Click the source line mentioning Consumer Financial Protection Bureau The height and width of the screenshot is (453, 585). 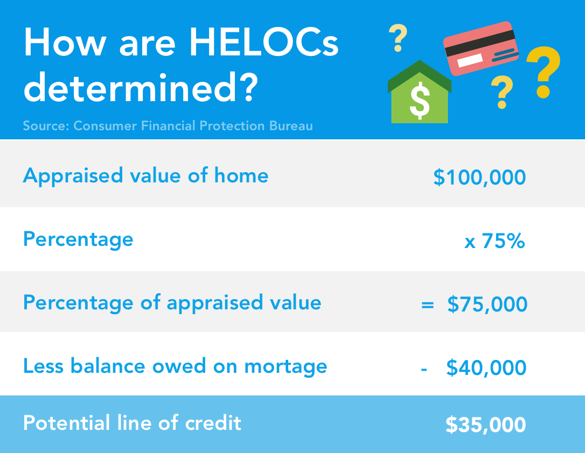pyautogui.click(x=168, y=126)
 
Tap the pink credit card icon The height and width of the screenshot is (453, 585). pyautogui.click(x=480, y=48)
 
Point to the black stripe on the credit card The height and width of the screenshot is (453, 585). pyautogui.click(x=479, y=44)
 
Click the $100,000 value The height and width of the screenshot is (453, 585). pyautogui.click(x=479, y=178)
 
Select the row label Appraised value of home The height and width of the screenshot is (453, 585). pyautogui.click(x=145, y=176)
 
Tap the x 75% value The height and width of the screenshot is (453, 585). pyautogui.click(x=495, y=241)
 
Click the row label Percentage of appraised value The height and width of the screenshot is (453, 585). pyautogui.click(x=172, y=302)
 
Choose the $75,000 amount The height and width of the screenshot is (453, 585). pyautogui.click(x=487, y=305)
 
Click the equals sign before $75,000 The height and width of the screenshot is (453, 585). pyautogui.click(x=427, y=305)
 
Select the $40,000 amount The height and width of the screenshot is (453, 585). pyautogui.click(x=486, y=368)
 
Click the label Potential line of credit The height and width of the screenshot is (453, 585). pyautogui.click(x=132, y=423)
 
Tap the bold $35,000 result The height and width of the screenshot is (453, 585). pyautogui.click(x=485, y=425)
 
